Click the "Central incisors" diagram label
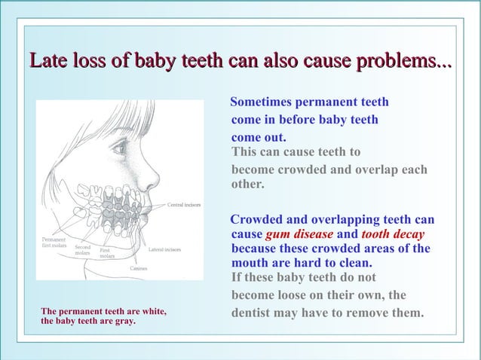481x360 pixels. pyautogui.click(x=183, y=205)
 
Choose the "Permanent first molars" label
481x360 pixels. pyautogui.click(x=54, y=243)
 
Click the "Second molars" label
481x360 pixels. pyautogui.click(x=83, y=250)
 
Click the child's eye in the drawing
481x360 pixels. pyautogui.click(x=120, y=148)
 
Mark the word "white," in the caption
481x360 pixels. pyautogui.click(x=151, y=311)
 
